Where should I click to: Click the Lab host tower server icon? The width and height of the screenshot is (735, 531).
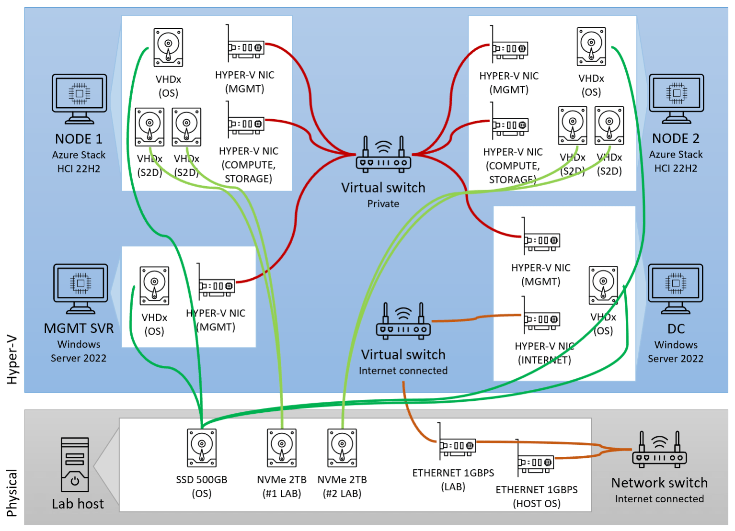[75, 464]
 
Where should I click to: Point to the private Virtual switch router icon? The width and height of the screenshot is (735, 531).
[383, 154]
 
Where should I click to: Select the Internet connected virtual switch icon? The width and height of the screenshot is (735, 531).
[403, 321]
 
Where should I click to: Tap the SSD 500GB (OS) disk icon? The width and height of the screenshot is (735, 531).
[202, 448]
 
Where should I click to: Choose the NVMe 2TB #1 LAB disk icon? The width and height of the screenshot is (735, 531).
[282, 448]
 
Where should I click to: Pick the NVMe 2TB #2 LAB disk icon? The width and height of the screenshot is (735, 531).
[342, 448]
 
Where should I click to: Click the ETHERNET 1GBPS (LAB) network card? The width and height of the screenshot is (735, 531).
[457, 443]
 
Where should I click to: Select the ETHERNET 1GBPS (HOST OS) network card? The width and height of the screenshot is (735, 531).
[535, 460]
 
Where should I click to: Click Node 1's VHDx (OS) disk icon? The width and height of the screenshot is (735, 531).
[168, 47]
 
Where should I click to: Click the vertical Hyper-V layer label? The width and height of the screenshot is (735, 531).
[12, 359]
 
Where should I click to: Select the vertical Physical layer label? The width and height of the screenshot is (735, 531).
[12, 493]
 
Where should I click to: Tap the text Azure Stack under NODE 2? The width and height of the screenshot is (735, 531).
[676, 155]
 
